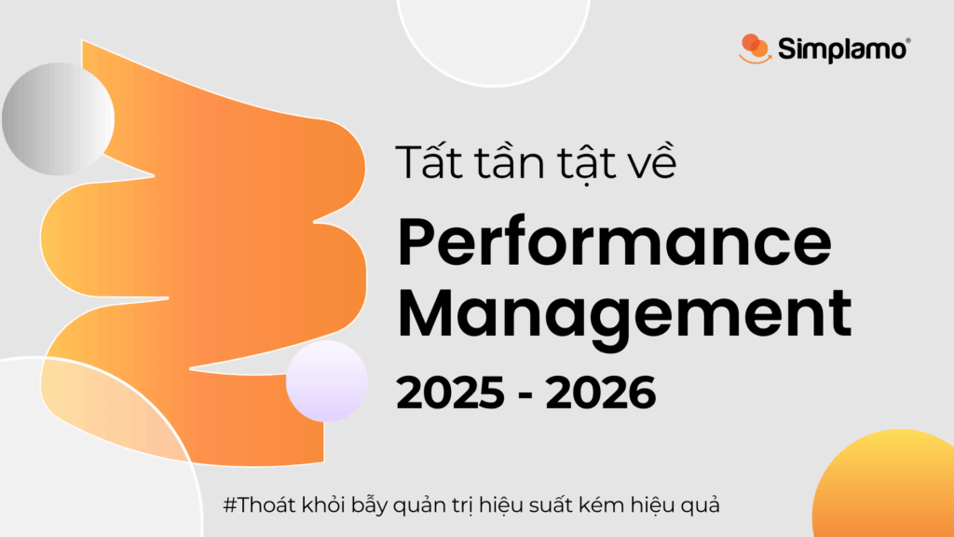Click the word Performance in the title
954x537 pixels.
pos(614,241)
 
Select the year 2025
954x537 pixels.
pos(451,392)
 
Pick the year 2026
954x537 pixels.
pos(601,392)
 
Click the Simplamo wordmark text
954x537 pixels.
pos(841,49)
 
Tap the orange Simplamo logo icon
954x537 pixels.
pos(755,48)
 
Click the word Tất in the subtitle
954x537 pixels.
pos(430,161)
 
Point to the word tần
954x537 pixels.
pos(510,162)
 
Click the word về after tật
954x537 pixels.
pos(649,161)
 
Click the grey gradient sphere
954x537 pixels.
pos(59,118)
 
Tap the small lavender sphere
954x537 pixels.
pos(327,381)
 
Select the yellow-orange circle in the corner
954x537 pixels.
pos(883,484)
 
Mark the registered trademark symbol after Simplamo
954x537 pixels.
pos(908,41)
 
